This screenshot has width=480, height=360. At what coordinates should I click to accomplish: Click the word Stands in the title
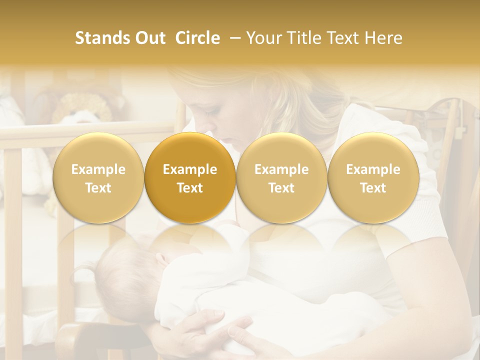[100, 38]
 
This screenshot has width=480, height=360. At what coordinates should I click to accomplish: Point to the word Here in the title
[385, 38]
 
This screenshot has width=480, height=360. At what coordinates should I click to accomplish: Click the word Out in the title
[150, 38]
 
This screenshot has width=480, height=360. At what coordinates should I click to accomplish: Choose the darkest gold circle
[190, 178]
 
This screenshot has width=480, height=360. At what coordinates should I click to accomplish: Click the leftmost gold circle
[98, 178]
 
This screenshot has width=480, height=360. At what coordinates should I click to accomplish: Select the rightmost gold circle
[373, 178]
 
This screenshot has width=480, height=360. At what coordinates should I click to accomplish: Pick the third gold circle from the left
[281, 178]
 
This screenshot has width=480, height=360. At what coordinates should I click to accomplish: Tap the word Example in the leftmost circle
[98, 169]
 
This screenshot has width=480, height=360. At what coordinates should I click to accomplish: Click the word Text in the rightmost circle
[373, 188]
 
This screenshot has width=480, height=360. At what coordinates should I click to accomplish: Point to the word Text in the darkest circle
[190, 188]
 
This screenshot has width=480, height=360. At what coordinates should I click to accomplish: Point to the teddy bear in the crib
[82, 107]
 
